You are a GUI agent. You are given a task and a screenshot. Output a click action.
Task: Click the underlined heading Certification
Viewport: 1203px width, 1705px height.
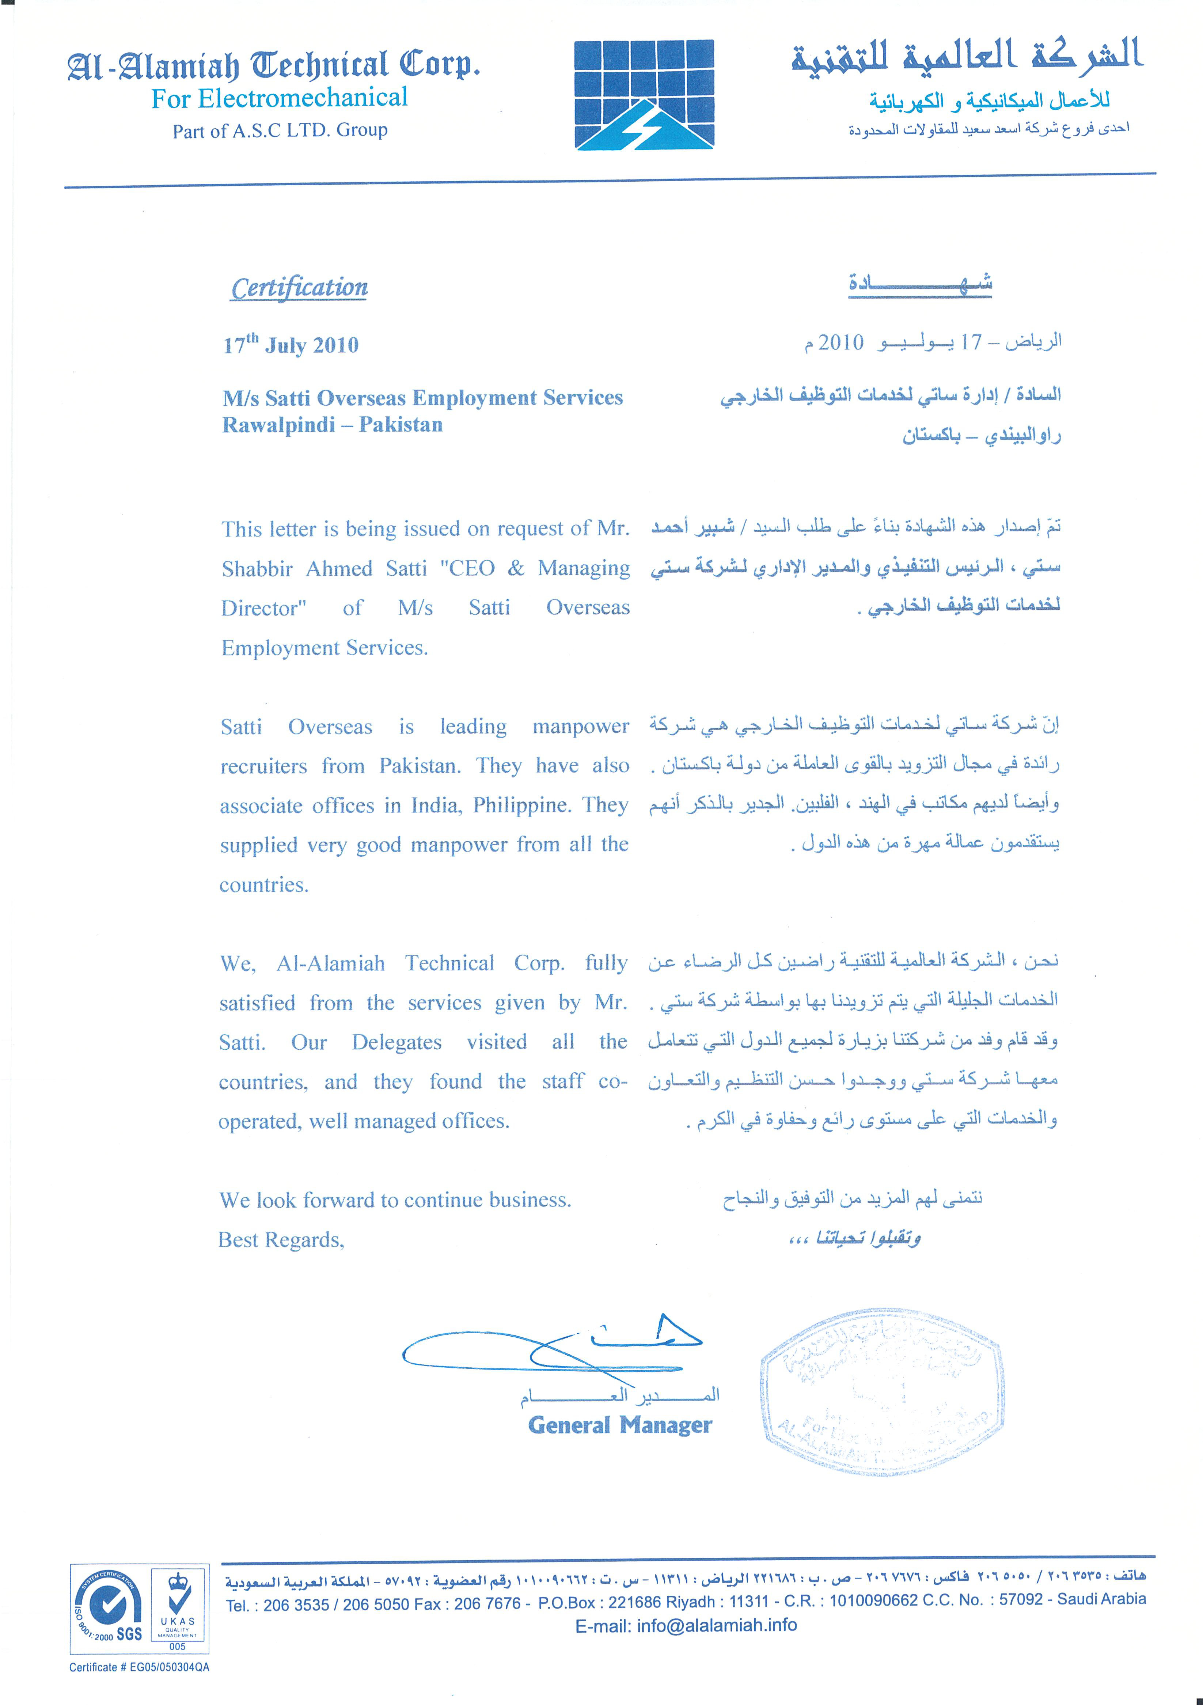(299, 288)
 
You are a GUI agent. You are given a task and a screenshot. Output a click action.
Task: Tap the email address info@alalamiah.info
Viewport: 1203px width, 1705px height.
(717, 1626)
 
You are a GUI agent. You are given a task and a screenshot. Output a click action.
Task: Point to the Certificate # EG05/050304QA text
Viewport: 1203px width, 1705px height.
(140, 1667)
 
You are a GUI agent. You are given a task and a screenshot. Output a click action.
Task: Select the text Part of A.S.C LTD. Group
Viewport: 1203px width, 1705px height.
(280, 131)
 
